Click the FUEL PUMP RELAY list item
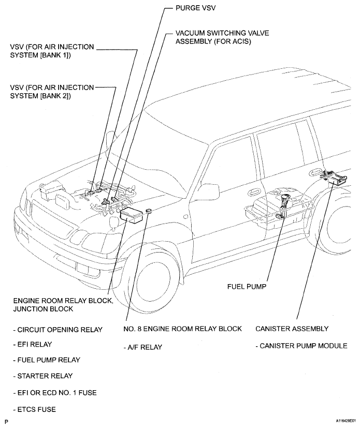tap(47, 360)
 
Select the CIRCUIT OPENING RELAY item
tap(57, 329)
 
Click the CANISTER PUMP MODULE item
tap(301, 345)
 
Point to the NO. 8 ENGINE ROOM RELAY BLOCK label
tap(182, 329)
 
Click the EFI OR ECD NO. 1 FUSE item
tap(54, 393)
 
